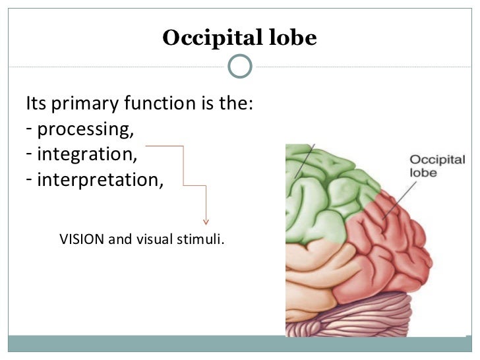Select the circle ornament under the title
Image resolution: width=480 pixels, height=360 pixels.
click(x=240, y=66)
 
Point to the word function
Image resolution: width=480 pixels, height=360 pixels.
click(x=151, y=104)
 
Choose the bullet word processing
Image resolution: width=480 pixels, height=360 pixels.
click(x=86, y=129)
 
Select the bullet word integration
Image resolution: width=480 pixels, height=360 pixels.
click(x=88, y=154)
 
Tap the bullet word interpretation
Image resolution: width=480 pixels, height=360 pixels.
click(x=100, y=179)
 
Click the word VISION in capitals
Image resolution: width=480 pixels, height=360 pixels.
click(x=82, y=239)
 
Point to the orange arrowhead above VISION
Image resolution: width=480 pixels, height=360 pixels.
click(x=206, y=221)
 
